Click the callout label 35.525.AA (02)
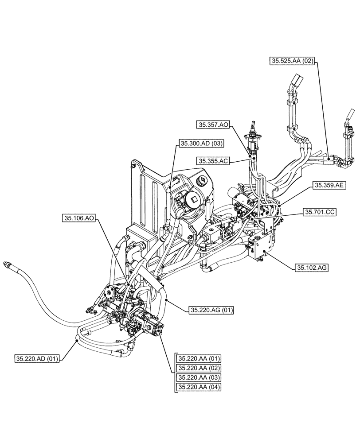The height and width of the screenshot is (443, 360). pyautogui.click(x=292, y=62)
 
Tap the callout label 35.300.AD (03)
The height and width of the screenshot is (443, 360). pyautogui.click(x=202, y=143)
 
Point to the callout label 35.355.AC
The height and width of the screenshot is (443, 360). pyautogui.click(x=214, y=161)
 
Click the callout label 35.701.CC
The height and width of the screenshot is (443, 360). pyautogui.click(x=320, y=213)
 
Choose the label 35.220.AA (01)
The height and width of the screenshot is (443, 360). pyautogui.click(x=199, y=358)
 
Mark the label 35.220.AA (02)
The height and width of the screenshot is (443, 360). pyautogui.click(x=199, y=368)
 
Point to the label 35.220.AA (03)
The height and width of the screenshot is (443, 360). pyautogui.click(x=199, y=378)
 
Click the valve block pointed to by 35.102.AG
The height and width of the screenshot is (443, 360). pyautogui.click(x=260, y=248)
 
